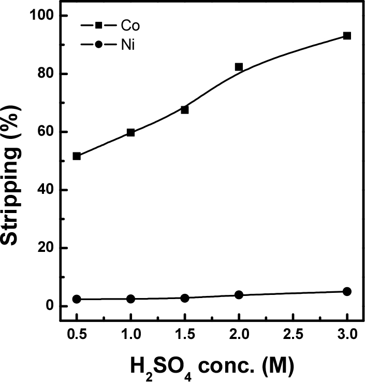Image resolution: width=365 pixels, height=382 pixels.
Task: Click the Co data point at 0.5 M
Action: pyautogui.click(x=77, y=156)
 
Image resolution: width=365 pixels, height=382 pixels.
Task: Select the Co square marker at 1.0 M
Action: pyautogui.click(x=130, y=133)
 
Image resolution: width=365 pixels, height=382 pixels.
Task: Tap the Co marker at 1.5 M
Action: pyautogui.click(x=185, y=110)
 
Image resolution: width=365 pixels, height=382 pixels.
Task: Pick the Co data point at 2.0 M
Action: pyautogui.click(x=239, y=67)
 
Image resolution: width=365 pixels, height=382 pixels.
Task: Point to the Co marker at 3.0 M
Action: pyautogui.click(x=347, y=36)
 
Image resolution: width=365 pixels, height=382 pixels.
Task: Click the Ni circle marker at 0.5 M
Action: pyautogui.click(x=77, y=299)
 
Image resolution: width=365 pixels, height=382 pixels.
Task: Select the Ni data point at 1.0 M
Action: pyautogui.click(x=130, y=299)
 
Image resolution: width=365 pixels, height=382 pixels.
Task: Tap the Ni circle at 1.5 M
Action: pyautogui.click(x=185, y=298)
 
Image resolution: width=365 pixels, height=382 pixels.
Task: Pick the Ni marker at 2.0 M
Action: pyautogui.click(x=239, y=295)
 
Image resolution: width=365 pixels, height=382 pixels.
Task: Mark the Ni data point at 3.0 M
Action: pyautogui.click(x=347, y=291)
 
